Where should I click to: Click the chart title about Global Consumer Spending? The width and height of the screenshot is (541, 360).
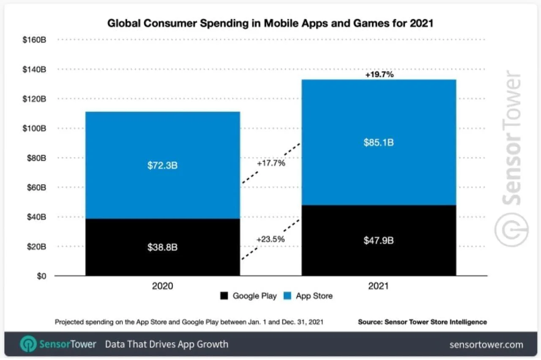(x=270, y=23)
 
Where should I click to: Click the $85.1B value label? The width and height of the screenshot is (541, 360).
(x=379, y=143)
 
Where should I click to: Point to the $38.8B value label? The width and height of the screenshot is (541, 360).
(x=162, y=247)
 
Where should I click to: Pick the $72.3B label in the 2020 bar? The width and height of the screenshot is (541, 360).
(x=162, y=166)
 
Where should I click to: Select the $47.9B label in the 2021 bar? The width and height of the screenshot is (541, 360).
(x=379, y=240)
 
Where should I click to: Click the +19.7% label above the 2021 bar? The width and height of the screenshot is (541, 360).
(x=379, y=75)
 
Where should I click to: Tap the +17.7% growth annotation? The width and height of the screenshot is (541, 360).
(x=270, y=163)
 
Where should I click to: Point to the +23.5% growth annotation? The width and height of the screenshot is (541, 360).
(x=270, y=239)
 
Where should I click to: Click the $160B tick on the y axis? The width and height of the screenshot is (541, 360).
(x=34, y=40)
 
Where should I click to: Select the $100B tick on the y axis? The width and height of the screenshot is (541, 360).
(x=34, y=128)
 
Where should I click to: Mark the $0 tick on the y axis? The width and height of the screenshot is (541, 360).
(x=41, y=276)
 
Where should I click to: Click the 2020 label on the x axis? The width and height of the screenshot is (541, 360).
(x=162, y=286)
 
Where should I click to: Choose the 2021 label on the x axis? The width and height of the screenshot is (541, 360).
(x=378, y=286)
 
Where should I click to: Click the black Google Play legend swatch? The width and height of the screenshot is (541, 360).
(x=224, y=296)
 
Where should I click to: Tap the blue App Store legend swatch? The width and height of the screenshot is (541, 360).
(x=287, y=296)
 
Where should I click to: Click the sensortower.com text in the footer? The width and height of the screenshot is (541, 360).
(x=486, y=345)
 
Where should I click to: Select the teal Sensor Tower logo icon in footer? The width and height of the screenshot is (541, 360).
(x=28, y=344)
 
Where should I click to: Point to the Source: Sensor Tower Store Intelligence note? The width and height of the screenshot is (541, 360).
(x=422, y=322)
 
